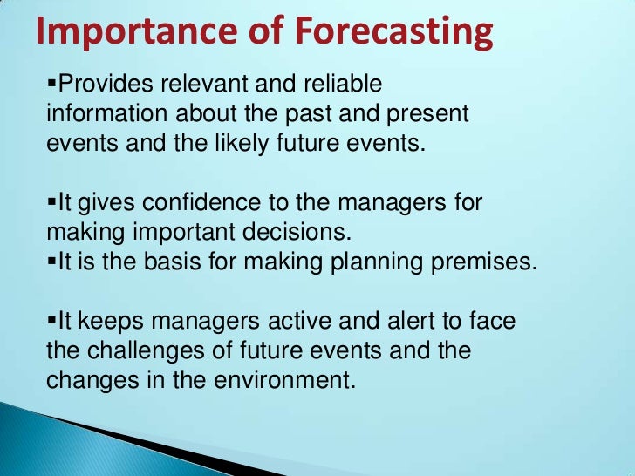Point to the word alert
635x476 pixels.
tap(378, 323)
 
